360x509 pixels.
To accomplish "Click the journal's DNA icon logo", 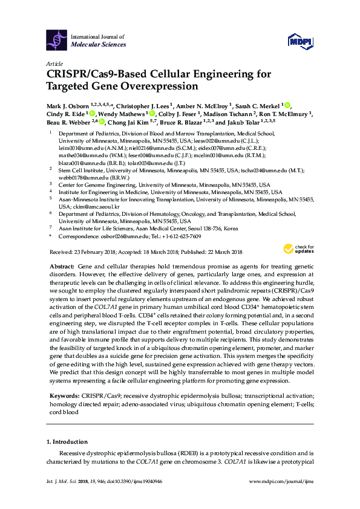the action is (57, 41).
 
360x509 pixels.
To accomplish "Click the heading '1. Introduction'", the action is (67, 441).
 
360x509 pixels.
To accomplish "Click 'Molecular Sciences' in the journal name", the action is (99, 45).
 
